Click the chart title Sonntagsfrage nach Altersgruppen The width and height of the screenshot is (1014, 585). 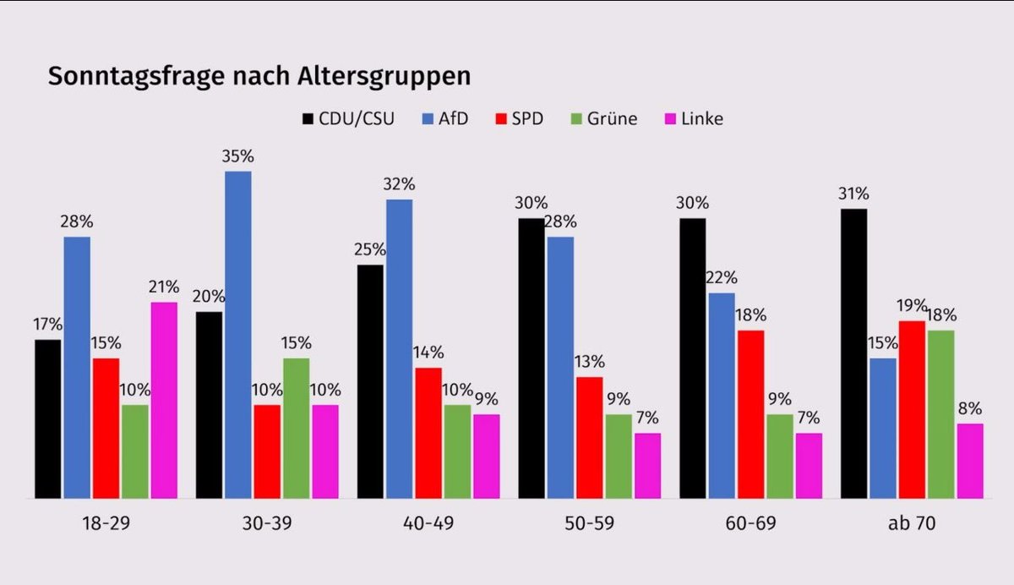(259, 76)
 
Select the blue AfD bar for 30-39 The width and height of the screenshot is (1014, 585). (237, 335)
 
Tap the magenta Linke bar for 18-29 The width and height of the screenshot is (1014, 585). (164, 400)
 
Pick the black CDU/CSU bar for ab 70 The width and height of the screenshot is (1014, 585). (854, 353)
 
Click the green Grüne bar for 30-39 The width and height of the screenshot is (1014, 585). (296, 428)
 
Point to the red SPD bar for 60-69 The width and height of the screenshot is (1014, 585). (750, 414)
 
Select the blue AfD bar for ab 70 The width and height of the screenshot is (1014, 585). (883, 428)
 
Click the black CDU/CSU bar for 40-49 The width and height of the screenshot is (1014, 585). (370, 381)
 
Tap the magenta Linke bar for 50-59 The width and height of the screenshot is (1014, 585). (646, 466)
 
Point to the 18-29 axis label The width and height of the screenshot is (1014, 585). (106, 523)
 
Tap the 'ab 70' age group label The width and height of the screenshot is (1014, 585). (912, 523)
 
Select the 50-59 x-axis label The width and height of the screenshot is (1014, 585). (590, 523)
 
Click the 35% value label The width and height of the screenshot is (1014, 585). (237, 156)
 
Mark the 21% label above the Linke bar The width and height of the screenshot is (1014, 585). (164, 287)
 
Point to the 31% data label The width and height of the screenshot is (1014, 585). (854, 194)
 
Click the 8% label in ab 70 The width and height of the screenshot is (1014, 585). (969, 408)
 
